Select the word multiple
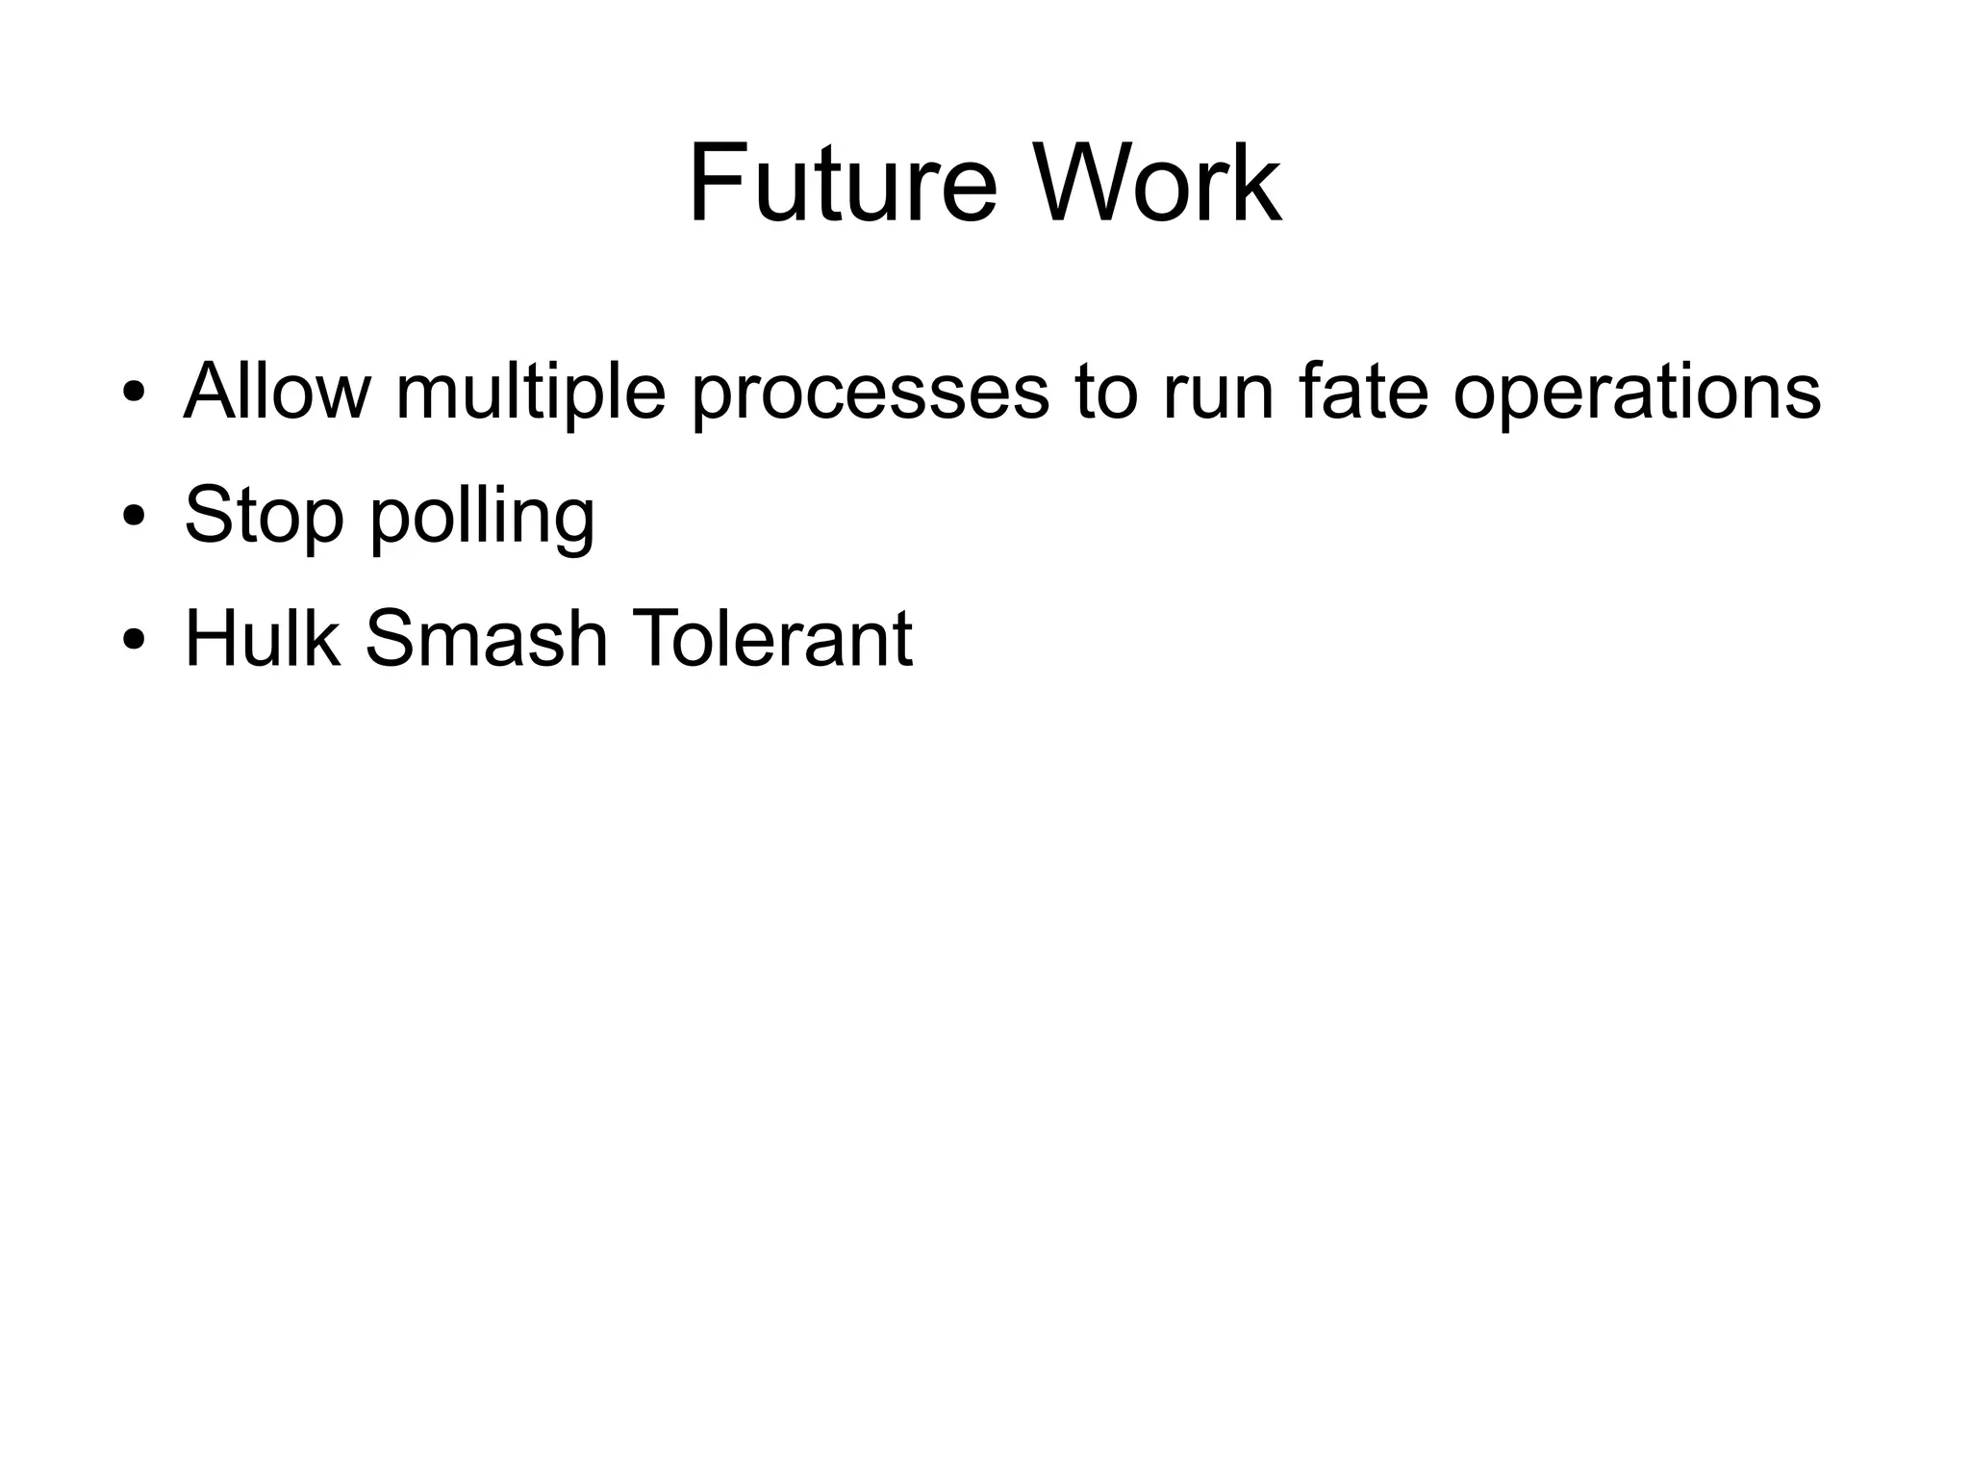(530, 393)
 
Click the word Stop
(264, 516)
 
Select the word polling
(483, 518)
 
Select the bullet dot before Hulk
(134, 639)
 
